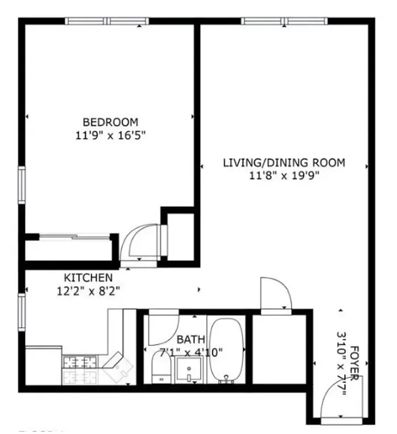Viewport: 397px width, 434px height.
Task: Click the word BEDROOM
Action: tap(110, 122)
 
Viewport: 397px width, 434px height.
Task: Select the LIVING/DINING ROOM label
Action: tap(283, 162)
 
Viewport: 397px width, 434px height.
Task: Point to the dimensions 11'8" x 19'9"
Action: tap(283, 176)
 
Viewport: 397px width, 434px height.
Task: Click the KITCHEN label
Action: tap(88, 278)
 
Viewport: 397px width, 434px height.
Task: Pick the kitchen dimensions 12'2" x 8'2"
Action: tap(88, 290)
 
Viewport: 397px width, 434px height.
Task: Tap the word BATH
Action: tap(187, 339)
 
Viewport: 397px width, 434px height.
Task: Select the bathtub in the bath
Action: tap(226, 351)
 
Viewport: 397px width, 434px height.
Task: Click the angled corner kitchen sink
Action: tap(118, 366)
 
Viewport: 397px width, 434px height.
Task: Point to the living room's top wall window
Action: tap(284, 22)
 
